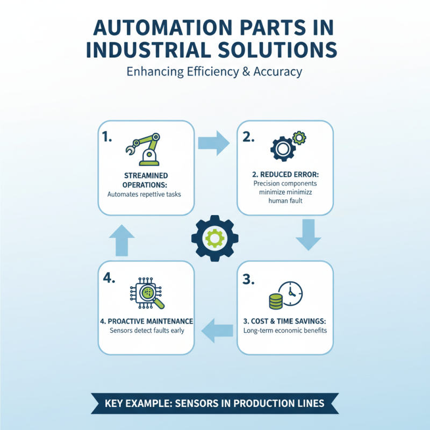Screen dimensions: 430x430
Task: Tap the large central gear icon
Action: click(214, 237)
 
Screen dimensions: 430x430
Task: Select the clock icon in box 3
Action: click(290, 293)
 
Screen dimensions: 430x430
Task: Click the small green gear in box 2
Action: click(299, 138)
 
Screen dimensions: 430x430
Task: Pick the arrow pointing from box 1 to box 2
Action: click(213, 142)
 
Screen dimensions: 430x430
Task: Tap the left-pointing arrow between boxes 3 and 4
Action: click(215, 329)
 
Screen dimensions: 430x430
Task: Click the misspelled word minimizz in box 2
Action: click(303, 192)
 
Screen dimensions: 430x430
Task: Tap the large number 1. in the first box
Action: click(107, 137)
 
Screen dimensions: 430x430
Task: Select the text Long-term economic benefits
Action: click(285, 331)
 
